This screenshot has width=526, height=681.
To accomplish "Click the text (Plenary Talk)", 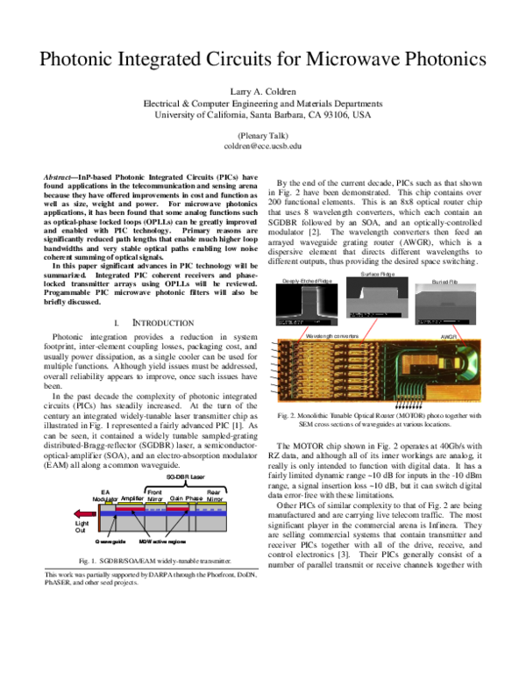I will (x=263, y=135).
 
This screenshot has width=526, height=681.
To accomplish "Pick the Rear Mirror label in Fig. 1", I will (x=213, y=494).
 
